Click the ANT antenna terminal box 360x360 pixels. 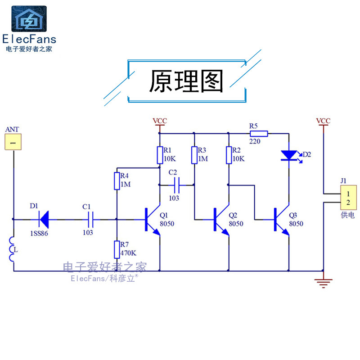[13, 143]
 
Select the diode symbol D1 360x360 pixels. [45, 220]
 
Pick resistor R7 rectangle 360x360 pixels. [117, 249]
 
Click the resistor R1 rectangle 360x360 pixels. [159, 154]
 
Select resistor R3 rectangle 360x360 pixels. [194, 154]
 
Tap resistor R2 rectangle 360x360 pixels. [228, 154]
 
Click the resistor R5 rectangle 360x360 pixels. [259, 133]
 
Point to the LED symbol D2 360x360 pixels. [288, 155]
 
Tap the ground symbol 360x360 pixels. [323, 282]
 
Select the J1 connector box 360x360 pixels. [347, 197]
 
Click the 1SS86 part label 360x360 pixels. [39, 233]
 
